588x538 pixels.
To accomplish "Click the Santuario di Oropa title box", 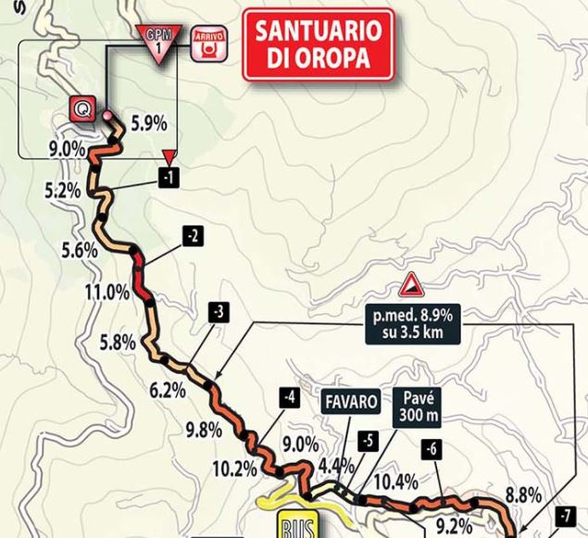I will click(x=319, y=44).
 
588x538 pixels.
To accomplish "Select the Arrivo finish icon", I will click(x=208, y=44).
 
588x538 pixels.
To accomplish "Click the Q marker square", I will click(x=81, y=109).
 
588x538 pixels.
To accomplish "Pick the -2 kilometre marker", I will click(x=193, y=237).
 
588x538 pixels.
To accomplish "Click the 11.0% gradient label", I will click(x=106, y=293).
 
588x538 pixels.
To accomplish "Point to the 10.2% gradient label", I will click(x=233, y=469).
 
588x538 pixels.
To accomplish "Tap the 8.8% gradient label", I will click(x=524, y=496).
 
